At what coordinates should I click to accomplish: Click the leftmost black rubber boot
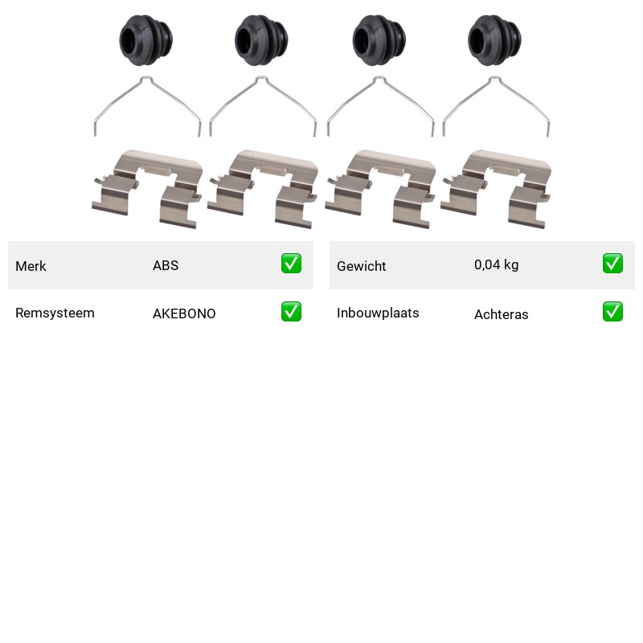pos(146,40)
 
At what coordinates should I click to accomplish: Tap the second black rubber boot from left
pos(261,40)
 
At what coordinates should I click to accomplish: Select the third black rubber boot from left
pos(379,40)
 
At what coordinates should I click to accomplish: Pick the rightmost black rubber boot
pos(494,40)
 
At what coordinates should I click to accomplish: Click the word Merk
pos(31,266)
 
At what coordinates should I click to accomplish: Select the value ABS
pos(166,265)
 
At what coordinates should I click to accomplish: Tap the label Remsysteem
pos(55,313)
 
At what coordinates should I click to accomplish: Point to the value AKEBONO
pos(184,313)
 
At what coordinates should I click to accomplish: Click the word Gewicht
pos(361,266)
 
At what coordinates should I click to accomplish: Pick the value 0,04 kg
pos(496,265)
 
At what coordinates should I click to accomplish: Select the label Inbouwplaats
pos(378,313)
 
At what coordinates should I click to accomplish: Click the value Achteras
pos(501,314)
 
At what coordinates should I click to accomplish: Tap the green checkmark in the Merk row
pos(291,264)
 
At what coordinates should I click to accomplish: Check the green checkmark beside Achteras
pos(612,312)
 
